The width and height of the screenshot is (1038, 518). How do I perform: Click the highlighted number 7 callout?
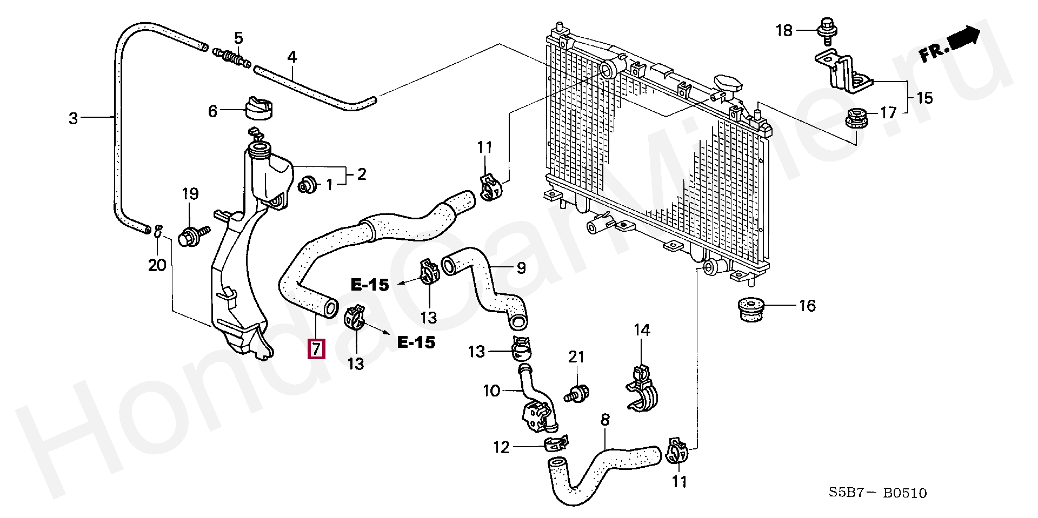point(316,349)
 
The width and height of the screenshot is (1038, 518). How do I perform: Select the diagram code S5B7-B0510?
point(877,493)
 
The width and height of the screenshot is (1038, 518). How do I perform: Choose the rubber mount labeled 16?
point(752,309)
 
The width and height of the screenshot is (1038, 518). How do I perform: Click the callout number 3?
point(74,118)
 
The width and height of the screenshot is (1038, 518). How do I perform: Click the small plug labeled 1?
point(308,185)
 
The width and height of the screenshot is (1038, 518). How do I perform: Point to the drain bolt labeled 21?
point(577,393)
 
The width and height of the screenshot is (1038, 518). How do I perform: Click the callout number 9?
point(521,268)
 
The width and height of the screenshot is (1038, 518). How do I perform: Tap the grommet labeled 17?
point(856,118)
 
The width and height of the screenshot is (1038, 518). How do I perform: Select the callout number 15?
point(924,98)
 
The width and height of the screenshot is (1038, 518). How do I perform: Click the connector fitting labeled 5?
point(232,57)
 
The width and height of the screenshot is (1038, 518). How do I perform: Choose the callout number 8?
point(605,420)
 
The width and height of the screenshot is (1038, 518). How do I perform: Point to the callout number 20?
point(157,265)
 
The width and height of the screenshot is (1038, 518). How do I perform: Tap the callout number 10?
point(491,391)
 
